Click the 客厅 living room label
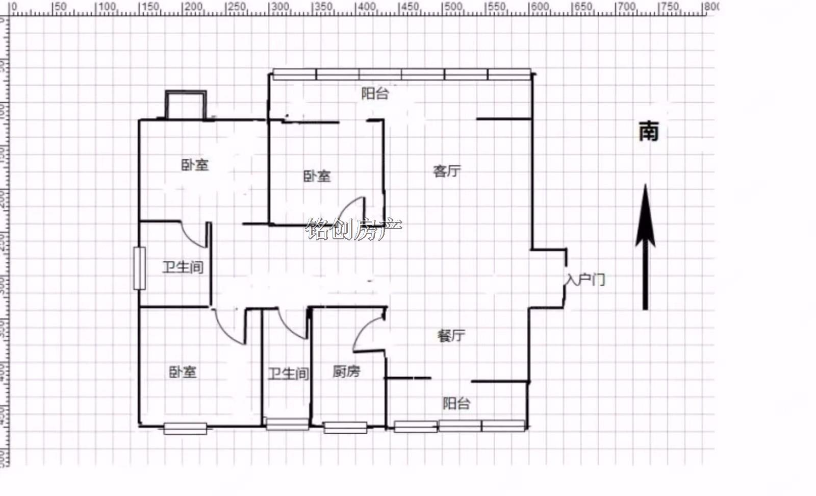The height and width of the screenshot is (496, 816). coord(447,171)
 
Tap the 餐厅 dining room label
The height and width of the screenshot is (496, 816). coord(451,336)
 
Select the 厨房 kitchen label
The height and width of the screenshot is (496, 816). coord(346,371)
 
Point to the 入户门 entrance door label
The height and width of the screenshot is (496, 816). coord(586,280)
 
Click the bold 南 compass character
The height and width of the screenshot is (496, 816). coord(649,131)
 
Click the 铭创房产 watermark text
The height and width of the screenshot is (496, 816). coord(354,229)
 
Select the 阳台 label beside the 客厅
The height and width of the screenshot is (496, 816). coord(375,93)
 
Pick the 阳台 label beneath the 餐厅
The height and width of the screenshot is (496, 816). coord(456,404)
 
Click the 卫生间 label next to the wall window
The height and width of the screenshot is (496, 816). coord(183,267)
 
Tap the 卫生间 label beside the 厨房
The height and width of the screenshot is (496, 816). coord(289,374)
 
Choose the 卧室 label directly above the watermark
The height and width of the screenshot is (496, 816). coord(317,177)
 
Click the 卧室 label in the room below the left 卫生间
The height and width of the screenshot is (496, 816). coord(183,372)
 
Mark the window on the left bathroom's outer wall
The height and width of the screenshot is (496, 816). coord(139,268)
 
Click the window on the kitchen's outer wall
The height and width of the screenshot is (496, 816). coord(345,428)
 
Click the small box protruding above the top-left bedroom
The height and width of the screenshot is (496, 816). coord(186,105)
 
